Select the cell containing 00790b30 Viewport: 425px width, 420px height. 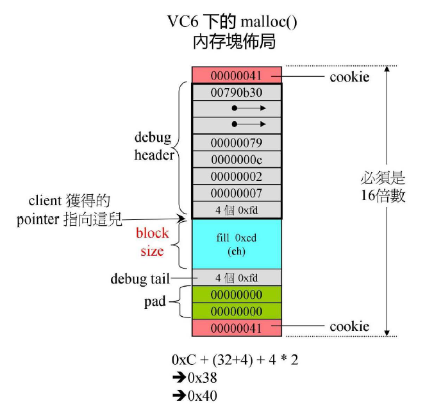(237, 92)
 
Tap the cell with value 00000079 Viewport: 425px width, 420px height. (237, 142)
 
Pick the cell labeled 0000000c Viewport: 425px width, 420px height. (237, 159)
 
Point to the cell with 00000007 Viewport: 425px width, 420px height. (237, 193)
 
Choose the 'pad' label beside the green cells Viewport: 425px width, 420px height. (156, 301)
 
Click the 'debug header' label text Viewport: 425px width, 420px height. (154, 147)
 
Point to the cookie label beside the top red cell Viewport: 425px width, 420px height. (349, 77)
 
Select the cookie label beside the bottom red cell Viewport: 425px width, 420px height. (349, 326)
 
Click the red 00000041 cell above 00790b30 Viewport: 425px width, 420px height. (237, 76)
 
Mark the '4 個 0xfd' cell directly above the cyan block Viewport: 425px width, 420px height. (237, 210)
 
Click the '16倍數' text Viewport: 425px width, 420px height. (384, 196)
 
